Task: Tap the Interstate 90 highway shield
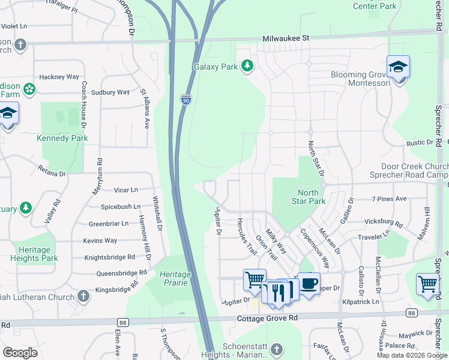(x=186, y=100)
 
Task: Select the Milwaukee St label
(x=286, y=38)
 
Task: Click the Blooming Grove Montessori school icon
(x=398, y=67)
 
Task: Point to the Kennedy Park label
(x=62, y=138)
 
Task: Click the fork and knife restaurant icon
(x=277, y=292)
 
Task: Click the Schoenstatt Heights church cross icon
(x=276, y=349)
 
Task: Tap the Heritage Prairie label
(x=175, y=278)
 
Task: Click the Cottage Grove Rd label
(x=268, y=318)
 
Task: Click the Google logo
(x=20, y=352)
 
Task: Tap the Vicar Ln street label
(x=125, y=190)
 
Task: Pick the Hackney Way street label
(x=59, y=77)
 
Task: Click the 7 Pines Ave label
(x=389, y=199)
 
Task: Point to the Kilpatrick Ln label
(x=361, y=302)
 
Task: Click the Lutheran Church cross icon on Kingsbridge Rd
(x=83, y=296)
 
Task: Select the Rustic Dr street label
(x=420, y=143)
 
